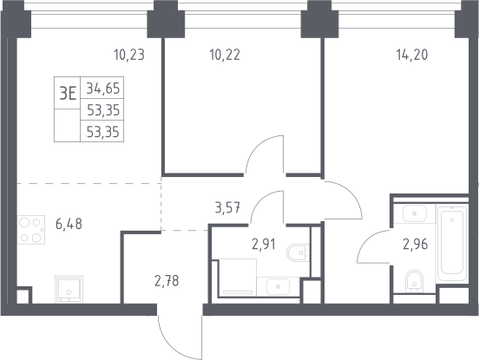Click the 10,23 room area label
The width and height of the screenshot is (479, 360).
pyautogui.click(x=129, y=56)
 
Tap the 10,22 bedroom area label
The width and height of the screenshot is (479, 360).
pyautogui.click(x=225, y=56)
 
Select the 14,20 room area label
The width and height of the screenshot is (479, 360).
pyautogui.click(x=412, y=56)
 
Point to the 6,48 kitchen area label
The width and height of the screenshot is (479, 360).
pyautogui.click(x=69, y=225)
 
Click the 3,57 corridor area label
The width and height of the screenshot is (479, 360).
pyautogui.click(x=227, y=208)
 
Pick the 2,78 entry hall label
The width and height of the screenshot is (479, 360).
pyautogui.click(x=167, y=281)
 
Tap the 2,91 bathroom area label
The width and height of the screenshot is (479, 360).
pyautogui.click(x=263, y=245)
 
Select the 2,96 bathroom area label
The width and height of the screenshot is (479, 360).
pyautogui.click(x=415, y=245)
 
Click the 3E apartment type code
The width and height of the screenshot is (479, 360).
pyautogui.click(x=68, y=94)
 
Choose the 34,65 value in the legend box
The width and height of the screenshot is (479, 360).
pyautogui.click(x=103, y=88)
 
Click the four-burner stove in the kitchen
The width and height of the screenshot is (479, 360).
pyautogui.click(x=31, y=230)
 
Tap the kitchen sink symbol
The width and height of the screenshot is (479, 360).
pyautogui.click(x=69, y=289)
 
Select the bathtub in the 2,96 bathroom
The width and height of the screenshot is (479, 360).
pyautogui.click(x=452, y=244)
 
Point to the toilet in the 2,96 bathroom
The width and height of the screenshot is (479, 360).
pyautogui.click(x=414, y=281)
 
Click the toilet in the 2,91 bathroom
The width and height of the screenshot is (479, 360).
pyautogui.click(x=298, y=252)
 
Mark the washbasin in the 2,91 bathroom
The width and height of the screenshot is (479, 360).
pyautogui.click(x=278, y=287)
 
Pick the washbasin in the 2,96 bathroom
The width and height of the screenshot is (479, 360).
pyautogui.click(x=415, y=213)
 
